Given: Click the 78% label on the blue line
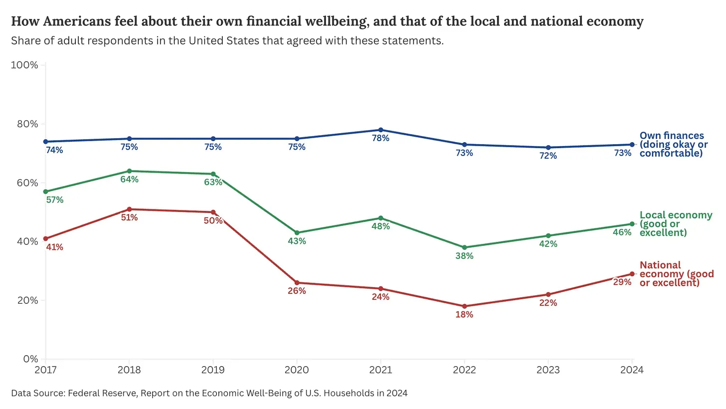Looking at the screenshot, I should click(x=380, y=138).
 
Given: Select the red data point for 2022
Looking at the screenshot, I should click(x=465, y=306).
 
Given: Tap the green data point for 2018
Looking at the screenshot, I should click(x=129, y=171).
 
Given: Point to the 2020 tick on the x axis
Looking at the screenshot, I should click(x=297, y=370).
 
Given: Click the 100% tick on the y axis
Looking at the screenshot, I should click(x=24, y=65).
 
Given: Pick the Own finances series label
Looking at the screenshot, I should click(x=673, y=144).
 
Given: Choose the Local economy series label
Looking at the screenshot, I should click(x=676, y=224).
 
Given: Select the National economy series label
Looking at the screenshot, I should click(x=676, y=274).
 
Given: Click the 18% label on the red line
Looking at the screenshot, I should click(x=464, y=315).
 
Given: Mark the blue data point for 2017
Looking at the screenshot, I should click(x=46, y=142).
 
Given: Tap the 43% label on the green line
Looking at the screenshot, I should click(x=297, y=241).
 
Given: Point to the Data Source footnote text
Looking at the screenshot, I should click(x=209, y=393).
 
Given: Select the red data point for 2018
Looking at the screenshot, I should click(x=129, y=209).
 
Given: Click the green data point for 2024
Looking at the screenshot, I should click(x=632, y=224).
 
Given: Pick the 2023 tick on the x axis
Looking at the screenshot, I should click(x=548, y=370).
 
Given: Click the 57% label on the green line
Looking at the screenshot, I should click(x=54, y=200).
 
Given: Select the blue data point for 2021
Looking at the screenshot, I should click(x=381, y=130).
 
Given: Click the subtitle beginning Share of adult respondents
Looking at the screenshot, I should click(x=227, y=40).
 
